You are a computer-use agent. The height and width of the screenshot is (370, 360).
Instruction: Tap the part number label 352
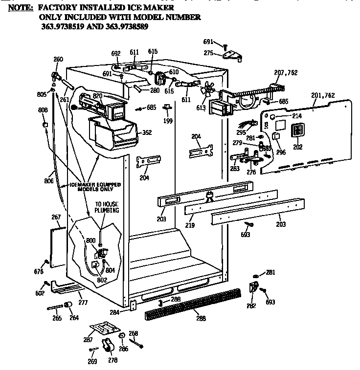coord(146,132)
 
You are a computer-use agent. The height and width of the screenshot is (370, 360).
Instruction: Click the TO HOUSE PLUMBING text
coord(106,207)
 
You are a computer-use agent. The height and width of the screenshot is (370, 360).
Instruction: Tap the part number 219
coord(190,225)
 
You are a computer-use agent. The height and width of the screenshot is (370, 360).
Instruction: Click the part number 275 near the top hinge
coord(208,53)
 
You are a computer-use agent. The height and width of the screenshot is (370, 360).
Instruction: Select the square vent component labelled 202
coord(297,131)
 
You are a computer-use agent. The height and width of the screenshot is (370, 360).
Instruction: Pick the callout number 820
coord(97,96)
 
